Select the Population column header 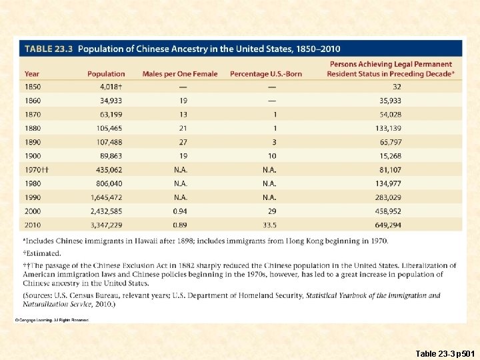click(x=105, y=74)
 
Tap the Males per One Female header click(x=180, y=74)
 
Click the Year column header click(x=32, y=74)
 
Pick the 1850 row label click(x=33, y=87)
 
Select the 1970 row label click(x=37, y=170)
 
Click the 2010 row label click(x=33, y=225)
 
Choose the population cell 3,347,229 click(x=107, y=225)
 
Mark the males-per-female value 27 click(x=183, y=142)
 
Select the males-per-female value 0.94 click(x=181, y=211)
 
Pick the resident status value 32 click(x=397, y=87)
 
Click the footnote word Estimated click(x=44, y=253)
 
